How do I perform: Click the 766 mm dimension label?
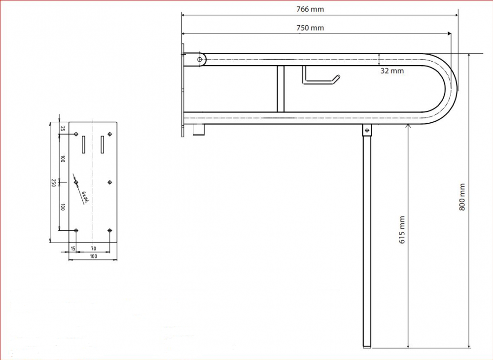click(x=310, y=9)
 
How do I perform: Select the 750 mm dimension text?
click(x=310, y=28)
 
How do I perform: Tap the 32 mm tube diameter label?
click(x=392, y=71)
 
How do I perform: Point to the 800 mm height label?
click(x=462, y=197)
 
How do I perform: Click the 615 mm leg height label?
click(x=402, y=230)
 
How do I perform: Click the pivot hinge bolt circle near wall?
click(x=200, y=59)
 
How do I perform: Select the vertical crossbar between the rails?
click(x=281, y=89)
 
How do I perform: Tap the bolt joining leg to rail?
click(x=367, y=130)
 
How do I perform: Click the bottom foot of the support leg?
click(x=367, y=347)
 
